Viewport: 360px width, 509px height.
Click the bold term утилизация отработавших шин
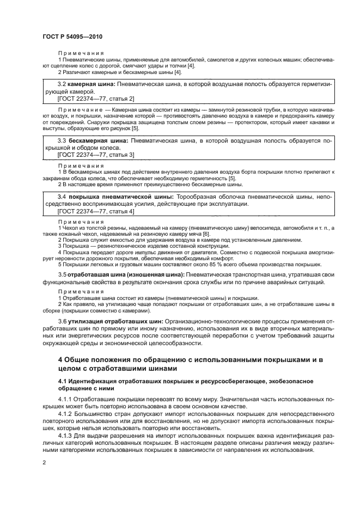pos(116,306)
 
